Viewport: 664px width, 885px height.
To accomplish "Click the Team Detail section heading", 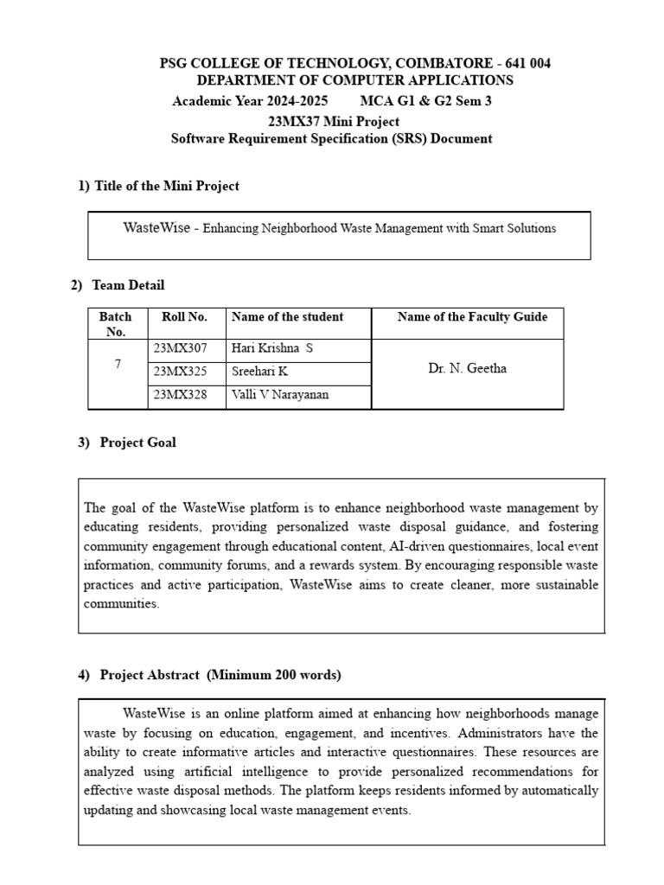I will click(128, 285).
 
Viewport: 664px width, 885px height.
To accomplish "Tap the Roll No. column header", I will click(184, 317).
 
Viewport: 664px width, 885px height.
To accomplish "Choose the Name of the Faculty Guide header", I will click(472, 317).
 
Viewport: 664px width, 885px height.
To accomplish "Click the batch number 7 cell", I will click(118, 365).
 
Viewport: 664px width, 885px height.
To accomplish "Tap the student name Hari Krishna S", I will click(271, 348).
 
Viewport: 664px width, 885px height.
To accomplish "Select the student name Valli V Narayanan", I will click(280, 395).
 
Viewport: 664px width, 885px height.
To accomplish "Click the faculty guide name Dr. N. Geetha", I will click(468, 368).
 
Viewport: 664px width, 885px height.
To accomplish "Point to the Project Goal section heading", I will click(137, 442).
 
